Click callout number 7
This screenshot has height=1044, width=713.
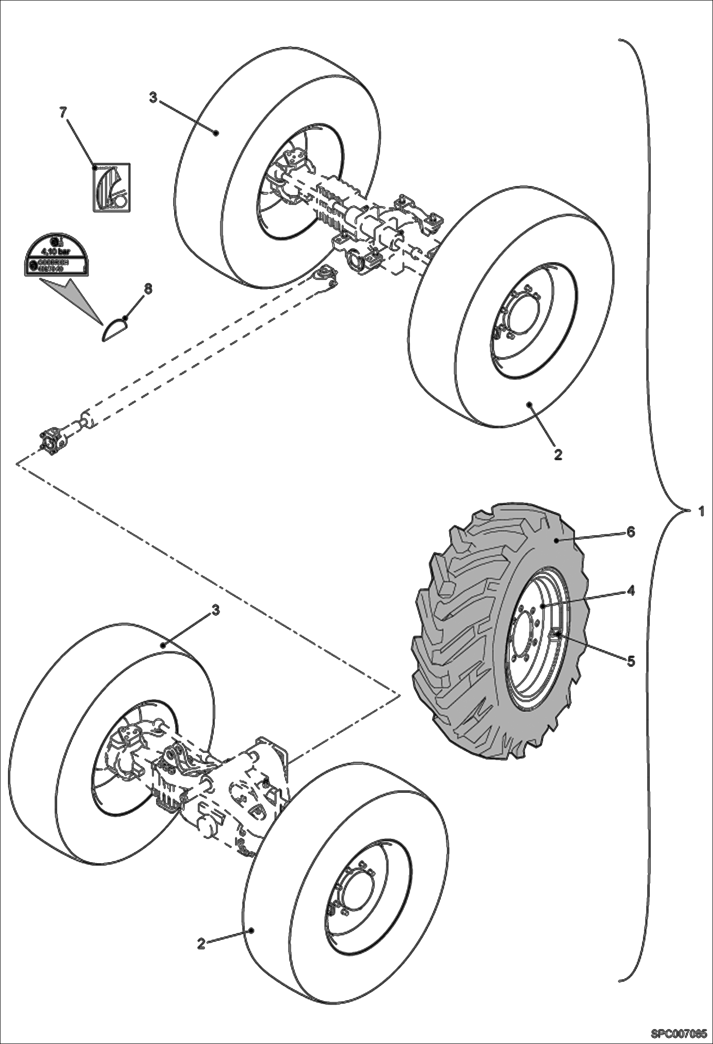pos(63,112)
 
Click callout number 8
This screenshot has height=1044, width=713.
pos(148,289)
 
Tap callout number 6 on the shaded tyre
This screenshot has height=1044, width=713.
pos(630,532)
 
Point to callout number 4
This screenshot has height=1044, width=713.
pos(630,591)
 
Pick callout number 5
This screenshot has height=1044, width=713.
pos(631,661)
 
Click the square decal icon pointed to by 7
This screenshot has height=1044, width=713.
pos(111,187)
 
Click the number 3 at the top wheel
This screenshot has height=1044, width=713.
pos(153,98)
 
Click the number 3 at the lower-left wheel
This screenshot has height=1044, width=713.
pos(215,611)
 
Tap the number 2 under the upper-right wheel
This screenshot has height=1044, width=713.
pos(558,454)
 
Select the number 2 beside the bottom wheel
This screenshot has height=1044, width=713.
pos(201,944)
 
